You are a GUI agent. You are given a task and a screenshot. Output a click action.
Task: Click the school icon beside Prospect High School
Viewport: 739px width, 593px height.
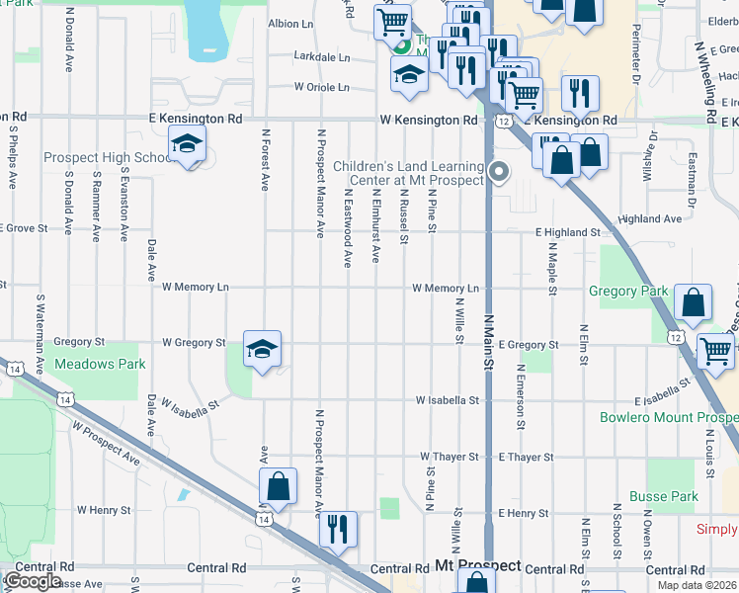[x=185, y=144]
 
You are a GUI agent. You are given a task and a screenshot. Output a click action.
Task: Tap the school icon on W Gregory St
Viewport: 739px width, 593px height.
[x=262, y=349]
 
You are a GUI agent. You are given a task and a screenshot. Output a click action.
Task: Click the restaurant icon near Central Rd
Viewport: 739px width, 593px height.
[x=338, y=529]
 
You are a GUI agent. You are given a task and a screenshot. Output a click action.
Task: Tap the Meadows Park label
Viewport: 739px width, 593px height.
[x=100, y=364]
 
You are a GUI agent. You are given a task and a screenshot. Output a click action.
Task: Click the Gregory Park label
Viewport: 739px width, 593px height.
[x=628, y=292]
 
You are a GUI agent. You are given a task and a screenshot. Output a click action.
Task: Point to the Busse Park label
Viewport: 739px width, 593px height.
[x=664, y=496]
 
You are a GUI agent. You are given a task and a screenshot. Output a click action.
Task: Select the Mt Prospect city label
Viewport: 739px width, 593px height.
[x=477, y=566]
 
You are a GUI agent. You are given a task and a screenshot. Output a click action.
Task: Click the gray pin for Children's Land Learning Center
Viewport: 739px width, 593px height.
[x=500, y=172]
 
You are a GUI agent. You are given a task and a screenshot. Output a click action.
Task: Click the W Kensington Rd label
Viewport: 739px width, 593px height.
[x=428, y=120]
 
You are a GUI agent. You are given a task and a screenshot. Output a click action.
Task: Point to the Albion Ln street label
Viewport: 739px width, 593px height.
[x=289, y=23]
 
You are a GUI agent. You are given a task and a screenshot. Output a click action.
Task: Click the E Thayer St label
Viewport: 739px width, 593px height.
[x=526, y=458]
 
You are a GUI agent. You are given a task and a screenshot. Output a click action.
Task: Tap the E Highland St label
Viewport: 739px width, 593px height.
[x=568, y=231]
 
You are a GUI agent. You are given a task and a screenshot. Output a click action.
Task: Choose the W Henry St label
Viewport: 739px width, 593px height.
[x=104, y=510]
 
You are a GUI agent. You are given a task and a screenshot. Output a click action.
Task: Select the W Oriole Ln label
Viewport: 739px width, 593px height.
[x=322, y=87]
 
